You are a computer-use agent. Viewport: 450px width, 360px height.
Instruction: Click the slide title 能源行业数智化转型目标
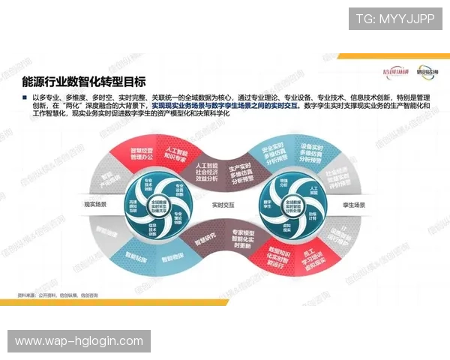[x=84, y=81]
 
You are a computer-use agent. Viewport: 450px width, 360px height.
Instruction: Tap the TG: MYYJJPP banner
[x=394, y=19]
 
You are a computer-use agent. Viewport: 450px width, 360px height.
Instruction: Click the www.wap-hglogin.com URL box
[x=79, y=341]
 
